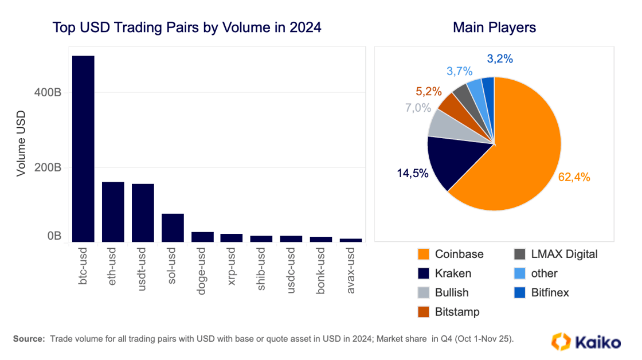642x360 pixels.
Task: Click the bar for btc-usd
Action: [x=83, y=149]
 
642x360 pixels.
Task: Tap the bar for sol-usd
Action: [x=173, y=228]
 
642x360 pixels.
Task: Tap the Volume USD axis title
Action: [x=21, y=144]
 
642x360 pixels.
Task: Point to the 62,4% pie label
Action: [x=574, y=178]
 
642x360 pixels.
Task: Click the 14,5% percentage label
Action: [x=412, y=173]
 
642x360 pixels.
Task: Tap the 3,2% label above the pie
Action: [x=499, y=58]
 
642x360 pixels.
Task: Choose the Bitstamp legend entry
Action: [x=449, y=312]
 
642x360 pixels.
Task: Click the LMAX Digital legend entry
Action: [x=555, y=254]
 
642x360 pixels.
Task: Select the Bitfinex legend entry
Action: [x=541, y=292]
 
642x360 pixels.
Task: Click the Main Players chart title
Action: [x=494, y=27]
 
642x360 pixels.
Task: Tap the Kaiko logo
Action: [x=585, y=342]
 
